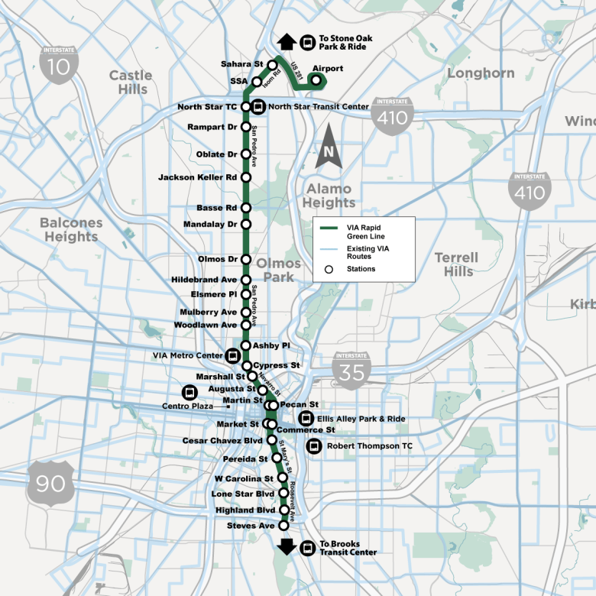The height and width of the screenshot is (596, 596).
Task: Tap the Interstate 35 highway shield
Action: coord(351,368)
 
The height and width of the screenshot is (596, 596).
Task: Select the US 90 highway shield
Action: coord(50,482)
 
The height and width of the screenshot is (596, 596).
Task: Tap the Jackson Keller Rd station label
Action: coord(198,177)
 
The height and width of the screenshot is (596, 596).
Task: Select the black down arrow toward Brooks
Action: coord(287,546)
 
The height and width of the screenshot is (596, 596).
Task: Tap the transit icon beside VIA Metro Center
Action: coord(232,355)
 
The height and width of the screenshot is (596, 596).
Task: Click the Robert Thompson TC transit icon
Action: coord(312,446)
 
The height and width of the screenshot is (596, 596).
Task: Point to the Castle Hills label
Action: coord(131,82)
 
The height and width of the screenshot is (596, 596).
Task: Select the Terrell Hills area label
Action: coord(456,264)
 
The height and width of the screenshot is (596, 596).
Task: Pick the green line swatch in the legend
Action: coord(329,228)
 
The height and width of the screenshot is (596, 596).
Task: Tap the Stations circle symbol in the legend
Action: coord(329,269)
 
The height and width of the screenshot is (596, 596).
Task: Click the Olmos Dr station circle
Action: coord(246,259)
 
